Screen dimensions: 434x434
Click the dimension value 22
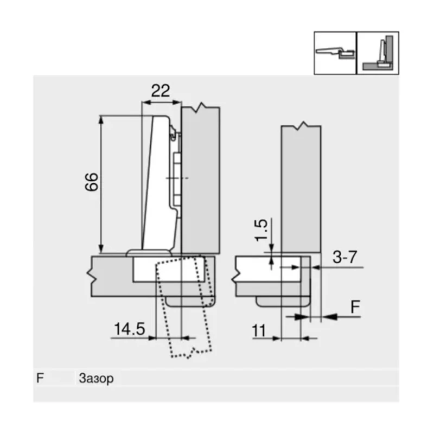click(160, 91)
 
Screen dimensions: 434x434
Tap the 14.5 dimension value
click(129, 328)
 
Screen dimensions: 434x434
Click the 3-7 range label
click(344, 258)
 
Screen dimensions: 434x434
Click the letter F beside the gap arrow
click(354, 307)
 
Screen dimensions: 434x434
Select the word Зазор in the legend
click(96, 378)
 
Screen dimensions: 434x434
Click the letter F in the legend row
click(40, 378)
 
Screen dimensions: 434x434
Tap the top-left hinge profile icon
click(335, 53)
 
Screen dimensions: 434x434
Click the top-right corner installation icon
click(378, 53)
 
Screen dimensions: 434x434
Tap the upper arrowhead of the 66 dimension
click(101, 118)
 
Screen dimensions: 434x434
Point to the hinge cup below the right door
click(282, 301)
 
